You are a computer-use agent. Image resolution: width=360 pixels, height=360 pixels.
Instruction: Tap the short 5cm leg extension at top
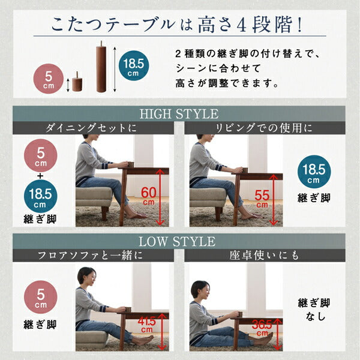[x=77, y=82]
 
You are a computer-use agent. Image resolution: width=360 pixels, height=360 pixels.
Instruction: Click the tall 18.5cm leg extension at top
[x=101, y=67]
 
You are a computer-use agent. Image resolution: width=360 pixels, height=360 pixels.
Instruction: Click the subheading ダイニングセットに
[x=90, y=128]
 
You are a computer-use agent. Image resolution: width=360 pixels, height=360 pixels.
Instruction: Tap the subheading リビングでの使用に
[x=264, y=128]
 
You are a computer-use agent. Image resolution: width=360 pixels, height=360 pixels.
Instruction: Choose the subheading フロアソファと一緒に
[x=90, y=256]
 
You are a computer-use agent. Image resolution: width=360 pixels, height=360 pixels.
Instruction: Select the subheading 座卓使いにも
[x=264, y=256]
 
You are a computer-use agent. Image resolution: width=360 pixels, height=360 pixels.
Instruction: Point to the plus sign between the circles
[x=40, y=176]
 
